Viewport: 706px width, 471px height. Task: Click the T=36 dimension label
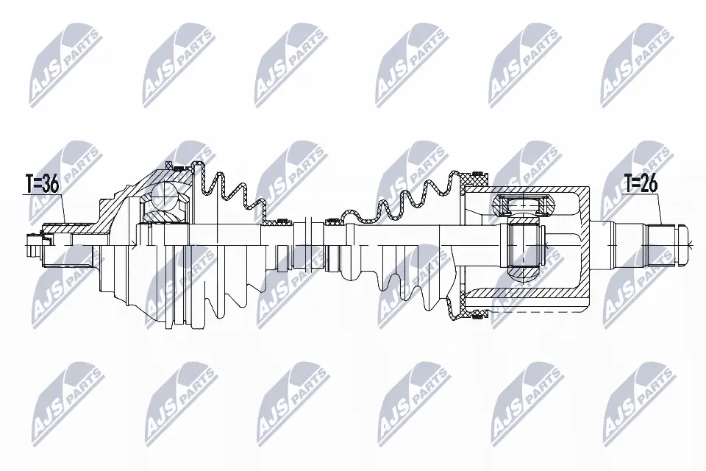pos(41,184)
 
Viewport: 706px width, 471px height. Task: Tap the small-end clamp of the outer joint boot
pos(279,221)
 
